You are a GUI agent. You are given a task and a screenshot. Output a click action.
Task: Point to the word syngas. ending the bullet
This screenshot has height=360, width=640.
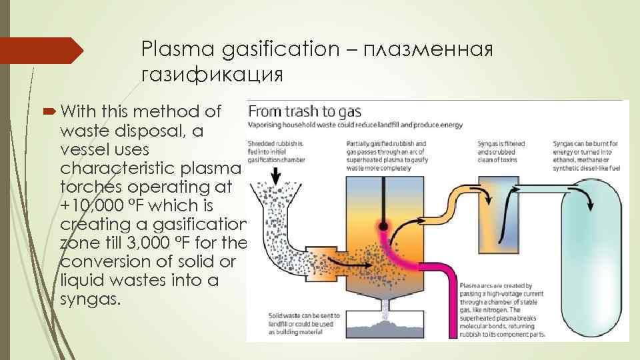(x=91, y=299)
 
